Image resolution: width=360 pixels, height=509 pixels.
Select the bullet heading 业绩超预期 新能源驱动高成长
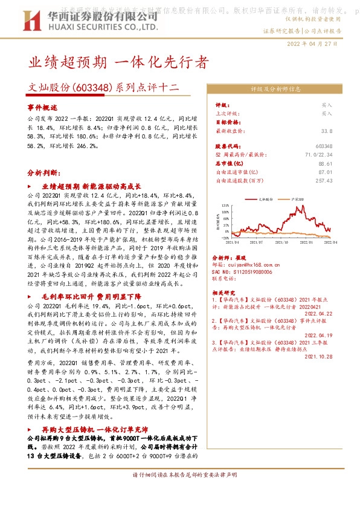coord(91,186)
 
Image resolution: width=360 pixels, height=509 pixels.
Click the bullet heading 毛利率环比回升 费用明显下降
coord(91,297)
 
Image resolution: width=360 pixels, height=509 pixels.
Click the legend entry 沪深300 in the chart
coord(298,198)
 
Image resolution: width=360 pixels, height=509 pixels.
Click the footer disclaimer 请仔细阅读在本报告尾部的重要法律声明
coord(180,493)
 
